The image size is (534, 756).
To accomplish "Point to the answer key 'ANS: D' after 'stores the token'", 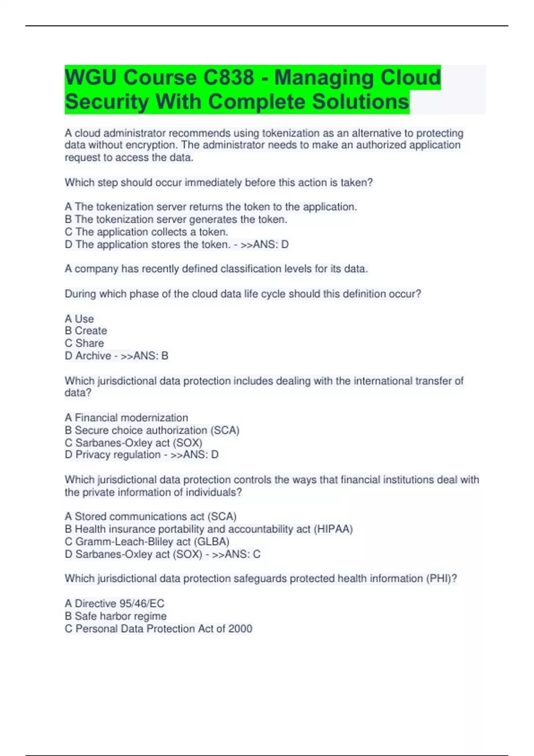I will click(270, 244).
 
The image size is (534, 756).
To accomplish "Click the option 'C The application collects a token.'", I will click(146, 232).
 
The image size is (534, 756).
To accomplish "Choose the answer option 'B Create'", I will click(86, 330).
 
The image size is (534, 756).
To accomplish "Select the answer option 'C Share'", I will click(85, 343).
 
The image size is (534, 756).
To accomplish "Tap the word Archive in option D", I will click(93, 356).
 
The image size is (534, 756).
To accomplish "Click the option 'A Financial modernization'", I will click(126, 418).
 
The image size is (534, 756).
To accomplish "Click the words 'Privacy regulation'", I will click(117, 454).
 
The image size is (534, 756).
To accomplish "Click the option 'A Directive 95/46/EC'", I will click(114, 603).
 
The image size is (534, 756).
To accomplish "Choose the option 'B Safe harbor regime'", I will click(116, 616).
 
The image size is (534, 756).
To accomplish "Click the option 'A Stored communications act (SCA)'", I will click(150, 516).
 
